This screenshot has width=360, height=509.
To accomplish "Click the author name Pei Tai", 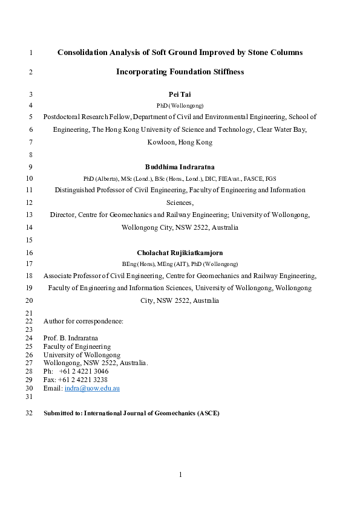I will click(x=180, y=94).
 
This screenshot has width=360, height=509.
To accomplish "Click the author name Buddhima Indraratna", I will click(x=180, y=166).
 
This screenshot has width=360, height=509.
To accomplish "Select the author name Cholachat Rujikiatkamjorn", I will click(x=180, y=252).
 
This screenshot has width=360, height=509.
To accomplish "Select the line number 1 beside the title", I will click(x=30, y=53).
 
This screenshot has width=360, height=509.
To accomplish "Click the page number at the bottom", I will click(x=180, y=475).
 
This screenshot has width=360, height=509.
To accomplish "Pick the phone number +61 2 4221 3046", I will click(x=84, y=371).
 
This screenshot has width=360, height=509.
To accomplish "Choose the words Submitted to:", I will click(x=63, y=413).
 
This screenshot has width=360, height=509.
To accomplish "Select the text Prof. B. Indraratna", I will click(x=70, y=338).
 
